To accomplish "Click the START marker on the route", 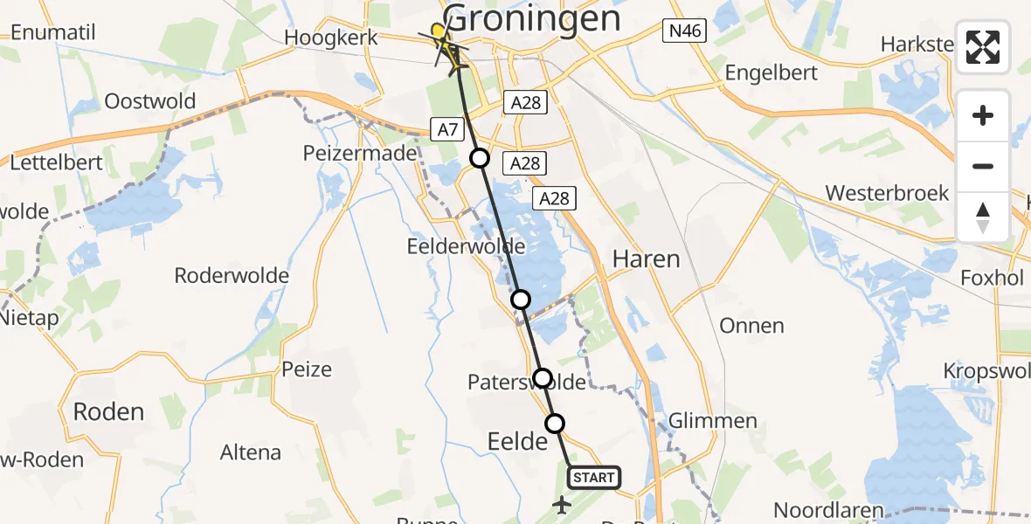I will point(594,478).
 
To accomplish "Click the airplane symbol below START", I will point(562,505).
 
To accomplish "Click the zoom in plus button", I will point(983,115).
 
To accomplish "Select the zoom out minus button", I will point(983,166).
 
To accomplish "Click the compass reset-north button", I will point(983,217).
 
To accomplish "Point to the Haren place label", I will point(646,259).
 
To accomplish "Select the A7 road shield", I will point(447,131).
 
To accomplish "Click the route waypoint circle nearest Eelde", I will point(555,424).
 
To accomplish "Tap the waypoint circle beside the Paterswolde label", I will point(543,378).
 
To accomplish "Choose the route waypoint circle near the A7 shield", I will point(480,158).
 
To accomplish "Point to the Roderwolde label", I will point(232,276).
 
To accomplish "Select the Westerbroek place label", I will point(887,193).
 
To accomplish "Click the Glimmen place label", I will point(712,421).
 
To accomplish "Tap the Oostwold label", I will point(149,101).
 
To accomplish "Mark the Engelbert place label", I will point(771,73).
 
